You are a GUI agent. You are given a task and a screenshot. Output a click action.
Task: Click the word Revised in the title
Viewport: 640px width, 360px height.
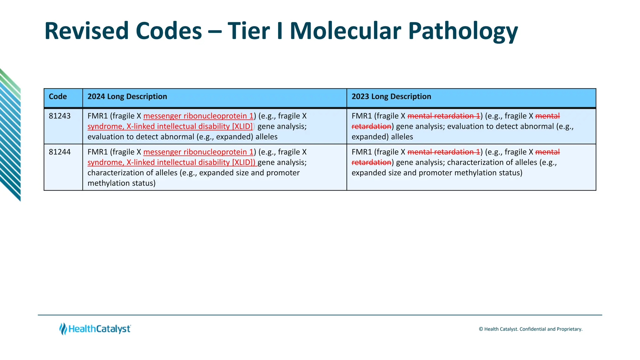point(86,31)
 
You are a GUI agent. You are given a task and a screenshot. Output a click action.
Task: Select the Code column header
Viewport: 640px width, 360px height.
point(58,97)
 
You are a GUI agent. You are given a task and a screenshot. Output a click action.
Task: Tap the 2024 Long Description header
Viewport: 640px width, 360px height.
point(127,97)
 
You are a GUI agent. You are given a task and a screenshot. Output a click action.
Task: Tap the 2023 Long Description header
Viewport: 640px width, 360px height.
point(391,97)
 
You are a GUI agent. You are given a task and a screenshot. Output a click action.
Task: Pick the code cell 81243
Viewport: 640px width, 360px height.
point(60,116)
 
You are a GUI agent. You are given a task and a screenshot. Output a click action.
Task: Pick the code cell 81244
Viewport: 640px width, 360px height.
point(60,152)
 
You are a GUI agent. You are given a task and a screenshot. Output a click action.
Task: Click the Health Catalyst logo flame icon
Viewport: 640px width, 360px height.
point(63,329)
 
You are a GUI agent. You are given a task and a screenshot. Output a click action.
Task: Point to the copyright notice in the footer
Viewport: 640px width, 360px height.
point(530,329)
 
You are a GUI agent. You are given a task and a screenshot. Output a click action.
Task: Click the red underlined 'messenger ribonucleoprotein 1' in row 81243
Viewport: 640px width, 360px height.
point(198,116)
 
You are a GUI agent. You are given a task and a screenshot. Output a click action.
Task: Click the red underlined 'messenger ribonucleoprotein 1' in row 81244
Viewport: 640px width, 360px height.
point(198,152)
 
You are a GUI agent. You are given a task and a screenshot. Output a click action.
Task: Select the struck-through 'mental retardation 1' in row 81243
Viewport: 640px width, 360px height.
point(443,116)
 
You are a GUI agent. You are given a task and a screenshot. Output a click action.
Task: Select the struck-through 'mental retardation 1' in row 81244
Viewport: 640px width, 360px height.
point(443,152)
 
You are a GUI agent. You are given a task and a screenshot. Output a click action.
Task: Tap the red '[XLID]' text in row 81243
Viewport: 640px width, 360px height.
point(242,126)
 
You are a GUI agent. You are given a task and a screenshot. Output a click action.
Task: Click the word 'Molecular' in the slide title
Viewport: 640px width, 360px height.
point(345,31)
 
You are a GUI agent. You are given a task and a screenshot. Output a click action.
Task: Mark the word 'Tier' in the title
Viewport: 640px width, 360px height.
point(248,31)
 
